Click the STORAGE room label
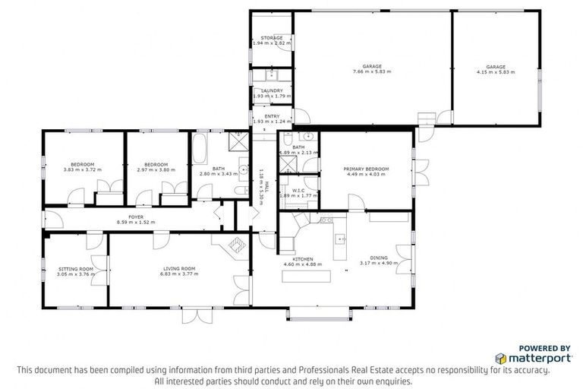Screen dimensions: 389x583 pyautogui.click(x=272, y=38)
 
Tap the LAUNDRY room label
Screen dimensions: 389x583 pyautogui.click(x=272, y=90)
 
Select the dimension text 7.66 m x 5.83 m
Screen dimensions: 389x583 pyautogui.click(x=372, y=72)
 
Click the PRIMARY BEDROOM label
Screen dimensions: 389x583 pyautogui.click(x=366, y=169)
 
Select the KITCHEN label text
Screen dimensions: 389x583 pyautogui.click(x=303, y=259)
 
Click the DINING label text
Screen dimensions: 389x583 pyautogui.click(x=378, y=258)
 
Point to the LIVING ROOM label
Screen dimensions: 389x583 pyautogui.click(x=179, y=268)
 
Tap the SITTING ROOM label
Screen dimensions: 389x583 pyautogui.click(x=76, y=268)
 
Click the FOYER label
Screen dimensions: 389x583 pyautogui.click(x=136, y=217)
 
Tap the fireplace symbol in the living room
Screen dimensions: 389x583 pyautogui.click(x=235, y=245)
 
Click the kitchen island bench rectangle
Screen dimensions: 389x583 pyautogui.click(x=307, y=274)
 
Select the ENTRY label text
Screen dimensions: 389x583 pyautogui.click(x=272, y=116)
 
